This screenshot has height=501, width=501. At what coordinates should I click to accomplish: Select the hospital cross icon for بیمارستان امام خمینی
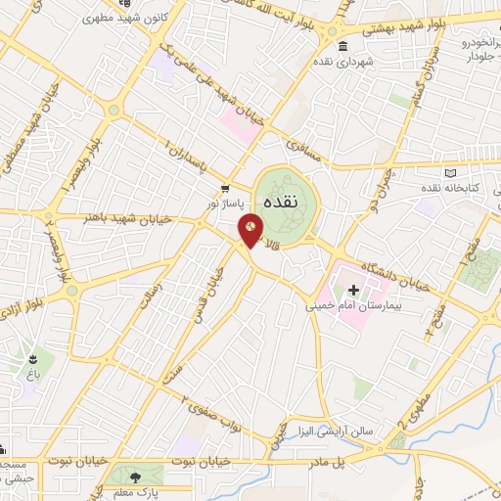[x=353, y=290]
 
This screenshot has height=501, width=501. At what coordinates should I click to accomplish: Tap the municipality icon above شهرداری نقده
[x=341, y=47]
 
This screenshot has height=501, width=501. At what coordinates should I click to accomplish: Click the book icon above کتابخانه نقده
[x=451, y=170]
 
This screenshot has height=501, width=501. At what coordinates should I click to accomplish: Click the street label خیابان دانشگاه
[x=395, y=275]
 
